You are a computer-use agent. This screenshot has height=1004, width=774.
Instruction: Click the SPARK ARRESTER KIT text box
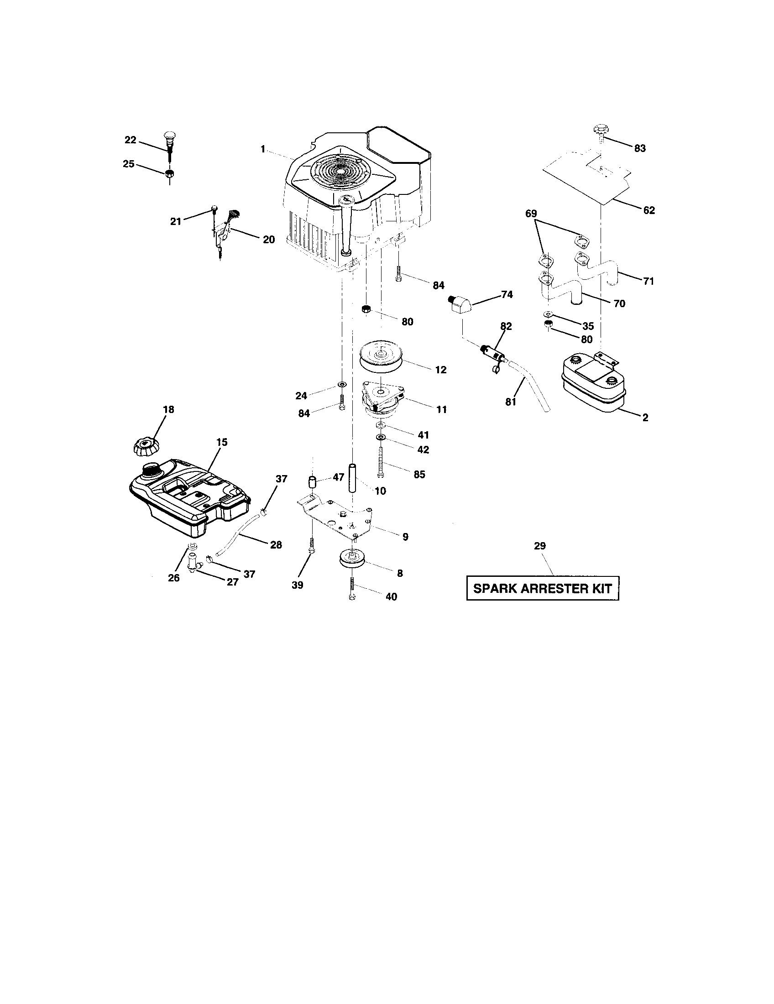(x=542, y=588)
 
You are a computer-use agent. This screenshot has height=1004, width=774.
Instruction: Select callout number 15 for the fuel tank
(x=222, y=442)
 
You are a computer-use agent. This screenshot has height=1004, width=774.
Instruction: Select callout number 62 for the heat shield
(x=649, y=210)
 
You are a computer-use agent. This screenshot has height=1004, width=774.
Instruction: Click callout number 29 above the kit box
(x=539, y=546)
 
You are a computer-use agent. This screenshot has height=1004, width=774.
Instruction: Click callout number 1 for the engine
(x=262, y=149)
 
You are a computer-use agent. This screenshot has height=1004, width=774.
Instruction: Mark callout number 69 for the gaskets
(x=531, y=214)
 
